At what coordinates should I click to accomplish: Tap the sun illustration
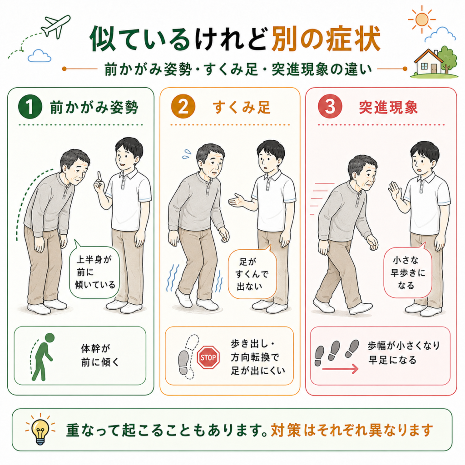click(421, 20)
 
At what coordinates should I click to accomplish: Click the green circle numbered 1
click(30, 107)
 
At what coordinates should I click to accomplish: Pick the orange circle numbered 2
click(183, 107)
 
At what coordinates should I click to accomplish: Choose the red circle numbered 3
click(330, 106)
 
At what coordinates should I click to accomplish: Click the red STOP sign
click(208, 357)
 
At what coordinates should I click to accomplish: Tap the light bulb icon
click(40, 430)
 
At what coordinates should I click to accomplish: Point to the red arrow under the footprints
click(340, 369)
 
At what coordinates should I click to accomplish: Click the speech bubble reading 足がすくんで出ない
click(252, 273)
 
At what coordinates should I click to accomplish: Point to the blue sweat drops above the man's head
click(186, 154)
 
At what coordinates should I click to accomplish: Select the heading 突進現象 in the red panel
click(388, 107)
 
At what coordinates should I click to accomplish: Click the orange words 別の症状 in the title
click(326, 39)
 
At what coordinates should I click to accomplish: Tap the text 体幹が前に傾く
click(99, 355)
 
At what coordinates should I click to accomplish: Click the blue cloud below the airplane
click(39, 56)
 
